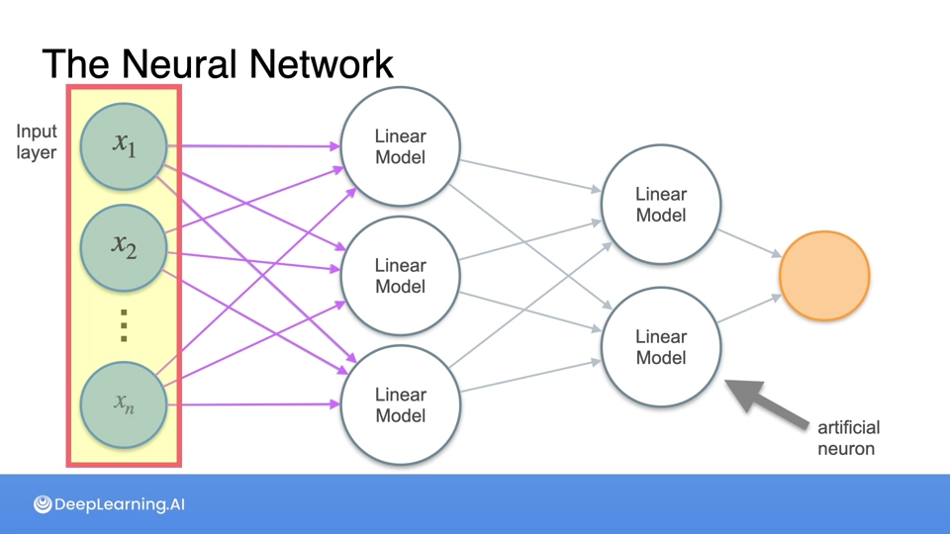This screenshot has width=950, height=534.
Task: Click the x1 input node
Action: click(124, 146)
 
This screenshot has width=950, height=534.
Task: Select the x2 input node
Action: click(124, 247)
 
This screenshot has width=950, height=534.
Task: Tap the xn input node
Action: click(124, 403)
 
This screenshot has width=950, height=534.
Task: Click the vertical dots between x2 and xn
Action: click(124, 325)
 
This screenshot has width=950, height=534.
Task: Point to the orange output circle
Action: click(824, 276)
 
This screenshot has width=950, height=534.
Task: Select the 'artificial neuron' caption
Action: click(848, 438)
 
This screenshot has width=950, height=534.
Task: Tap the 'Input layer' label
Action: click(37, 141)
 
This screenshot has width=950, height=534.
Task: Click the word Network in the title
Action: click(321, 64)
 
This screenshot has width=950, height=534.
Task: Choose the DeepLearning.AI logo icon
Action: click(43, 504)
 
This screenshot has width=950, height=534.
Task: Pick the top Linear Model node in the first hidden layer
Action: click(400, 146)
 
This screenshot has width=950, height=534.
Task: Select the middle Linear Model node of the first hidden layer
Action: click(400, 276)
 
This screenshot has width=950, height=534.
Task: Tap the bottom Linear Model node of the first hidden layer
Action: click(400, 405)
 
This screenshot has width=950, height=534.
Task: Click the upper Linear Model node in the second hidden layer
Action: click(661, 205)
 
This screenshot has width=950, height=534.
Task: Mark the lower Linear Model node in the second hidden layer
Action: click(661, 347)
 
